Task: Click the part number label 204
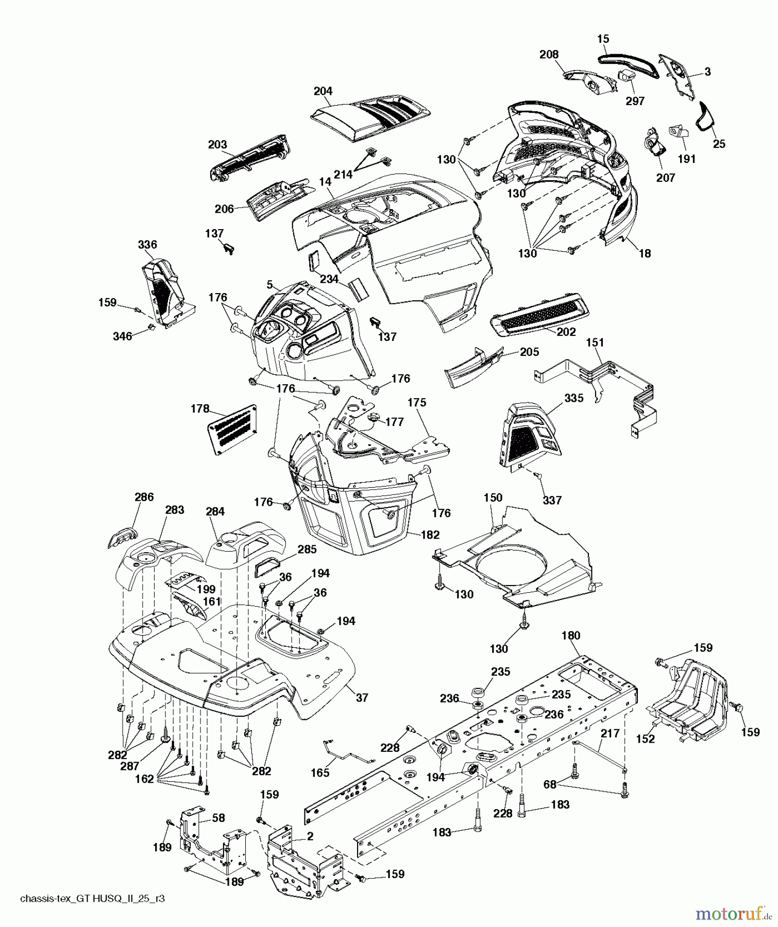(x=323, y=91)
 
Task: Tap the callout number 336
(x=147, y=245)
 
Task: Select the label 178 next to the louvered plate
(x=199, y=409)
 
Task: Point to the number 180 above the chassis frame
(x=570, y=636)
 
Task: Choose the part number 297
(x=635, y=101)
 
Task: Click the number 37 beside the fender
(x=362, y=697)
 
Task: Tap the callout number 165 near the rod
(x=320, y=773)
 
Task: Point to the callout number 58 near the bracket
(x=218, y=818)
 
